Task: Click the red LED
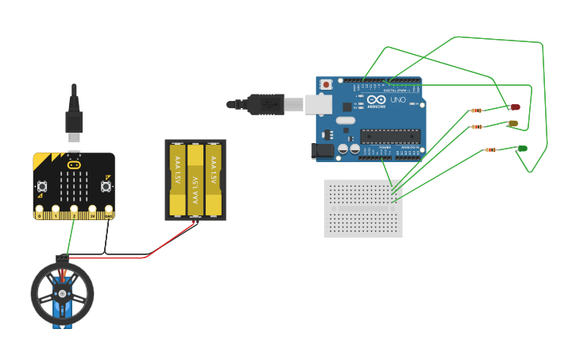point(515,106)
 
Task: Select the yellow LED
point(512,123)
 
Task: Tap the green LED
point(522,149)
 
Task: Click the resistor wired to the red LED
point(477,110)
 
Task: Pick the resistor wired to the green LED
point(490,149)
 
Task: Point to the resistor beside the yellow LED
point(477,126)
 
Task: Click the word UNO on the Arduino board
point(398,100)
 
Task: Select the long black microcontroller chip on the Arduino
point(389,136)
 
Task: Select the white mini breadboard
point(363,208)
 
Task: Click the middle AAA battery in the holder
point(195,180)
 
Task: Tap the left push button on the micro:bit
point(42,187)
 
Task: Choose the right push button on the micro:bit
point(106,187)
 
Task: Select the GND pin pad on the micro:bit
point(108,214)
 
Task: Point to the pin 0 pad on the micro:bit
point(39,214)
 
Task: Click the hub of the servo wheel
point(62,292)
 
